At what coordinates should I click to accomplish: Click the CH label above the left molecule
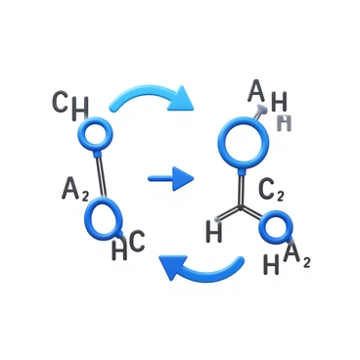coord(69,104)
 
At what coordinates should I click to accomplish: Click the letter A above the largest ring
coord(256,91)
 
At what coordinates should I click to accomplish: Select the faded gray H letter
coord(285,122)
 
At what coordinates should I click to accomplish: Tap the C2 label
coord(272,191)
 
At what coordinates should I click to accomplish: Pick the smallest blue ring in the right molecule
coord(276,231)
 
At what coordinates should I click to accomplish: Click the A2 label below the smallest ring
coord(297,257)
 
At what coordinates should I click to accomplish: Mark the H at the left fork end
coord(214,232)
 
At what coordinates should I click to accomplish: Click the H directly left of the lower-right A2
coord(272,263)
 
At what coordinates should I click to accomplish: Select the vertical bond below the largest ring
coord(241,188)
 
